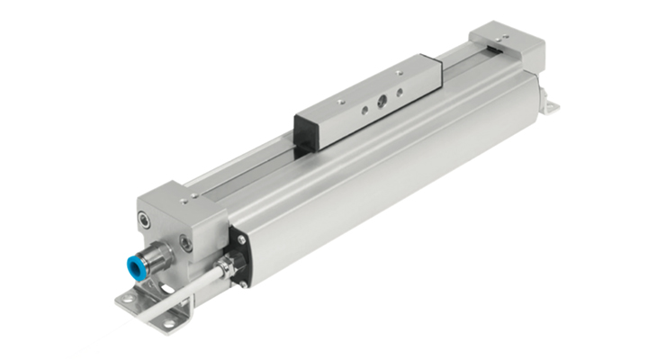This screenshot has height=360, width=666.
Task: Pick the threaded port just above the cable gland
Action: coord(185,241)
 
